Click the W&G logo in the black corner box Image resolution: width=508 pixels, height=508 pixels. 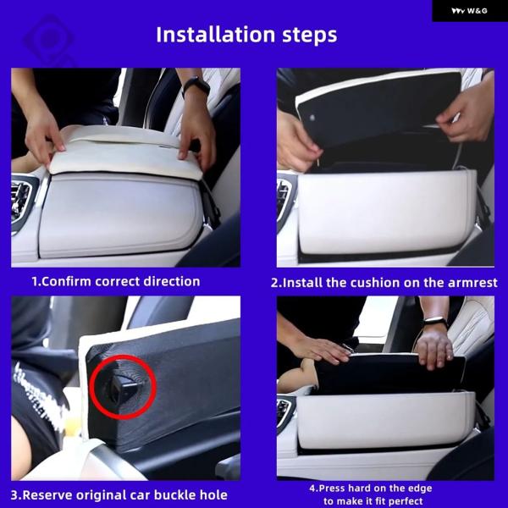pyautogui.click(x=469, y=11)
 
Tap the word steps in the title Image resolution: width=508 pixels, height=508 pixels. pyautogui.click(x=310, y=36)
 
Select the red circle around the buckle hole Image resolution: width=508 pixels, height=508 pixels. pyautogui.click(x=123, y=387)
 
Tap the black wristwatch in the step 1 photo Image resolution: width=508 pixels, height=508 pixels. pyautogui.click(x=196, y=86)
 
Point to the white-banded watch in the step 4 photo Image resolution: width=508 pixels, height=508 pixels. pyautogui.click(x=435, y=322)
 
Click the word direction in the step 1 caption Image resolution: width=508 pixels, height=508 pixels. pyautogui.click(x=172, y=281)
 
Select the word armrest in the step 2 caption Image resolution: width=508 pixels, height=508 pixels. pyautogui.click(x=472, y=283)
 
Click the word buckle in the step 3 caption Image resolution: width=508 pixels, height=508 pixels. pyautogui.click(x=174, y=495)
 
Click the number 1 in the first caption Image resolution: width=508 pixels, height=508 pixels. pyautogui.click(x=35, y=282)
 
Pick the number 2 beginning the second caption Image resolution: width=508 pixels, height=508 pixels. pyautogui.click(x=274, y=283)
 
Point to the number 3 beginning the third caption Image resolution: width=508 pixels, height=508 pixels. pyautogui.click(x=14, y=495)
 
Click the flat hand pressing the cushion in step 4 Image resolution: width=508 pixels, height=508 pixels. pyautogui.click(x=321, y=349)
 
